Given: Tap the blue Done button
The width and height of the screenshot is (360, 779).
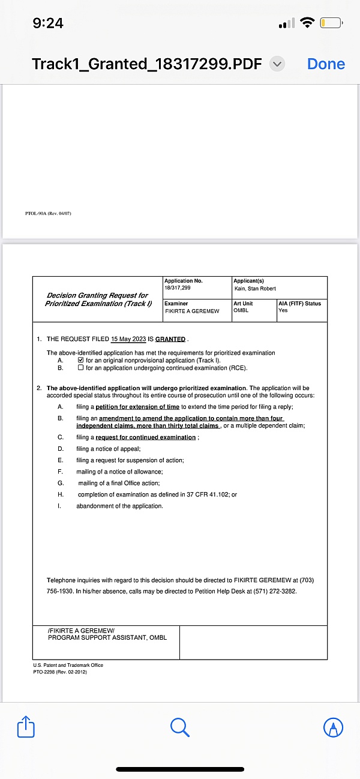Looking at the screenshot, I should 326,64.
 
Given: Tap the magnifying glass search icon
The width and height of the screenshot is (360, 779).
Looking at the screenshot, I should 180,727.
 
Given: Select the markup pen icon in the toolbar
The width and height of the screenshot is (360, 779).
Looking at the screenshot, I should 333,727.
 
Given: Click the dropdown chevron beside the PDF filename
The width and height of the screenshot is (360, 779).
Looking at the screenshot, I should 277,64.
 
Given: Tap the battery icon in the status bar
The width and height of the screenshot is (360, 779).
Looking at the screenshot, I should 331,23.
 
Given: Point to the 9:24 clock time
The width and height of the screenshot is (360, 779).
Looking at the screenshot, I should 48,23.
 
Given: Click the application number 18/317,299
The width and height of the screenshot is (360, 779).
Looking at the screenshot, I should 178,289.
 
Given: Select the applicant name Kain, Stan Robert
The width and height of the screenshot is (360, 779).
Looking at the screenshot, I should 255,289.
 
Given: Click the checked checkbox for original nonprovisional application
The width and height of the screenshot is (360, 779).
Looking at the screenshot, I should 81,361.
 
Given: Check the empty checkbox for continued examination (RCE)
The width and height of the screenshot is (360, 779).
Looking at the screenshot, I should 81,368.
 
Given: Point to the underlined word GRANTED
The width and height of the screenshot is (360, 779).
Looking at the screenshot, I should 170,339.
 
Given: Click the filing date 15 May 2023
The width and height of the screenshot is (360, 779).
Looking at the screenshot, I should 128,339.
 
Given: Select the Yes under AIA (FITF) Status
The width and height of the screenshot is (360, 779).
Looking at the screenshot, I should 283,310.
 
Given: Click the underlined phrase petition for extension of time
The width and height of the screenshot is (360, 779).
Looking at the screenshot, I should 137,407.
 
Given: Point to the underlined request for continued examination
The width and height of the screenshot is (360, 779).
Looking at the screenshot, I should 146,438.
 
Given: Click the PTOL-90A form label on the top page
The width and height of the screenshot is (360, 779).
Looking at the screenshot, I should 48,214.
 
